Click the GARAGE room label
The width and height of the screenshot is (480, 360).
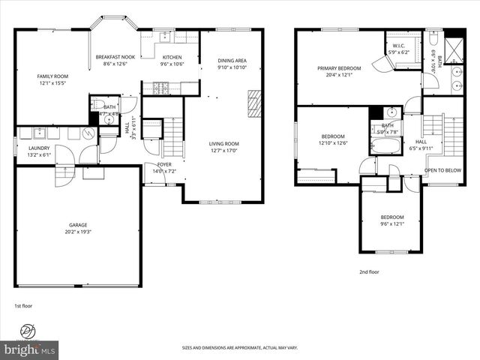click(x=78, y=224)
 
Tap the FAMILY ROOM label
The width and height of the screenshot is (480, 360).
click(x=53, y=76)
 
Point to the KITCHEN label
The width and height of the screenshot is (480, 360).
click(x=172, y=57)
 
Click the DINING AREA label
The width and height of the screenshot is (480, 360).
click(x=232, y=61)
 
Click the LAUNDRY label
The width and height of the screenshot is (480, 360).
click(x=28, y=148)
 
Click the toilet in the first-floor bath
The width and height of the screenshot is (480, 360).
click(x=96, y=104)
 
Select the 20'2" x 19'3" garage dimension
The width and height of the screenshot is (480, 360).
click(x=78, y=231)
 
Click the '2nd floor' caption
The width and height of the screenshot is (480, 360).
click(x=368, y=272)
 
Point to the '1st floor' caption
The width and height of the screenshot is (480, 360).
click(x=24, y=306)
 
